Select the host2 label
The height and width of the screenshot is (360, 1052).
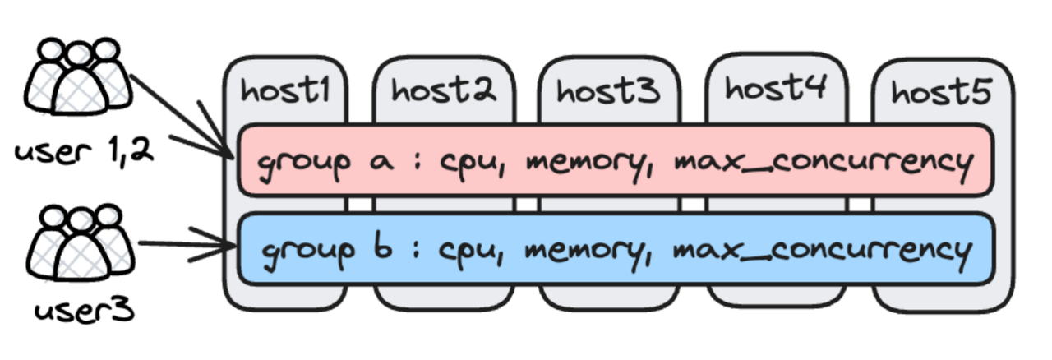444,90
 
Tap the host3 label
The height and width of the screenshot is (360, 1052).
608,90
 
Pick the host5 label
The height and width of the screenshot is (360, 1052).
942,92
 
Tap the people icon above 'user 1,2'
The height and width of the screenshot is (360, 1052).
78,78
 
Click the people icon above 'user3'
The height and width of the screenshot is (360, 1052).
78,242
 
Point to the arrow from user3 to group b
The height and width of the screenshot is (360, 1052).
185,245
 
